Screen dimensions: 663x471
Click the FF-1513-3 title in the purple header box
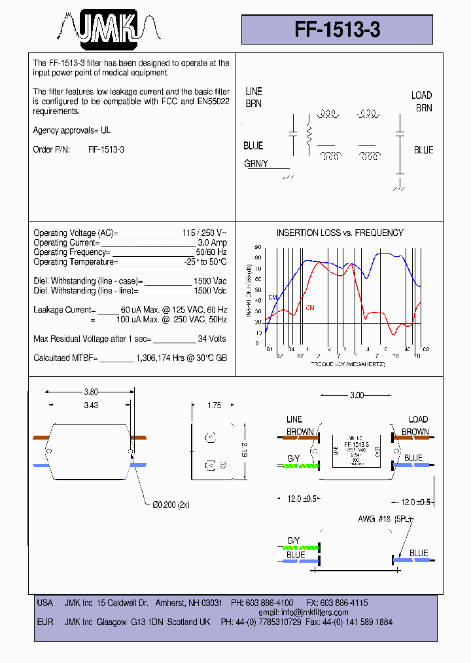pyautogui.click(x=337, y=30)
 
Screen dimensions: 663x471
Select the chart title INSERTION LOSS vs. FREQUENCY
pyautogui.click(x=340, y=233)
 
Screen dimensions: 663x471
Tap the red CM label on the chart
pyautogui.click(x=310, y=307)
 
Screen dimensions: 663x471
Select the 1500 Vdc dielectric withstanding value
pyautogui.click(x=210, y=290)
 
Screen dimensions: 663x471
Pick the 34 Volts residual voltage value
pyautogui.click(x=211, y=339)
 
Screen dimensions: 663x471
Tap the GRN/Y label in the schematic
pyautogui.click(x=256, y=164)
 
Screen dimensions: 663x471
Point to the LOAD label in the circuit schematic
pyautogui.click(x=421, y=96)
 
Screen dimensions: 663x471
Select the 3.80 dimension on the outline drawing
pyautogui.click(x=92, y=392)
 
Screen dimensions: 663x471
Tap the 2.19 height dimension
pyautogui.click(x=244, y=450)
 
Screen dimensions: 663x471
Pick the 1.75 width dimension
pyautogui.click(x=214, y=406)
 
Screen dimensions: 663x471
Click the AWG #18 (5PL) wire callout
pyautogui.click(x=385, y=519)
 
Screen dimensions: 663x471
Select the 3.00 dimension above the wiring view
pyautogui.click(x=357, y=395)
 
